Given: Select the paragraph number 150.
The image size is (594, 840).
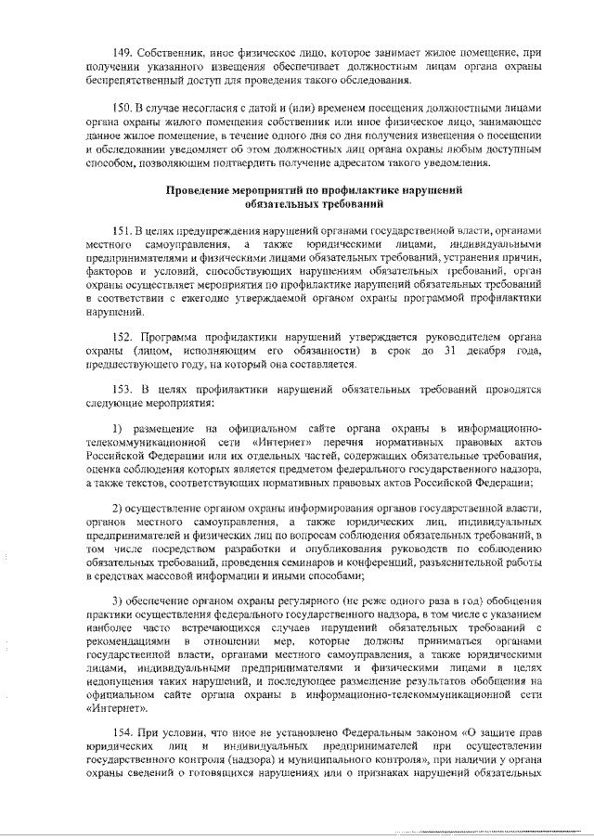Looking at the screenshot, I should click(x=123, y=109).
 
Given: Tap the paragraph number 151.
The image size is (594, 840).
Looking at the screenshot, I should click(x=123, y=229).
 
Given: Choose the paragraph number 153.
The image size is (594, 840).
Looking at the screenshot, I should click(x=123, y=390).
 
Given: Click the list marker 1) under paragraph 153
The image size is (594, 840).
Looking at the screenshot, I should click(x=118, y=429).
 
